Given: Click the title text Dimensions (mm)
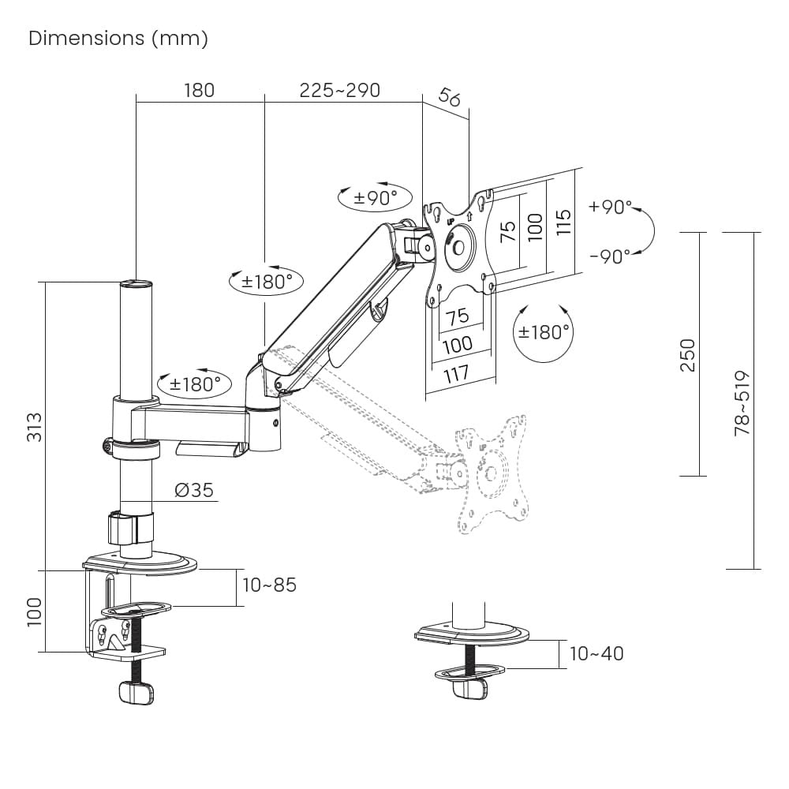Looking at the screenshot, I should (118, 39).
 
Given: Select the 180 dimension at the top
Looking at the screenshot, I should (199, 90).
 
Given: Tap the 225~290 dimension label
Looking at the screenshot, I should (339, 90).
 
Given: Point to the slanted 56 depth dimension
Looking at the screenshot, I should (449, 98).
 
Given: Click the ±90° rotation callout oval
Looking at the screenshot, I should (375, 197).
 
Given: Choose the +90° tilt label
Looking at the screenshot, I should (610, 208).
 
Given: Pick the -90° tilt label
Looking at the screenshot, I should (610, 256).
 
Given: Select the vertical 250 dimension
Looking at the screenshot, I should (688, 355).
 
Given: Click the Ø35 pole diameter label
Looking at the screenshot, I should (194, 490).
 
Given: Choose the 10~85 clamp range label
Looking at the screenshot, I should (270, 585).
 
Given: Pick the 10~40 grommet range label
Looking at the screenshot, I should (596, 653).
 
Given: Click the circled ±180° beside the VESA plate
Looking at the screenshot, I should (544, 332).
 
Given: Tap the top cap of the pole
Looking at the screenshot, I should (135, 282).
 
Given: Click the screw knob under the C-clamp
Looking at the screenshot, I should (135, 693).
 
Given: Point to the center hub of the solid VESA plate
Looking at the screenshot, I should (458, 243).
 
